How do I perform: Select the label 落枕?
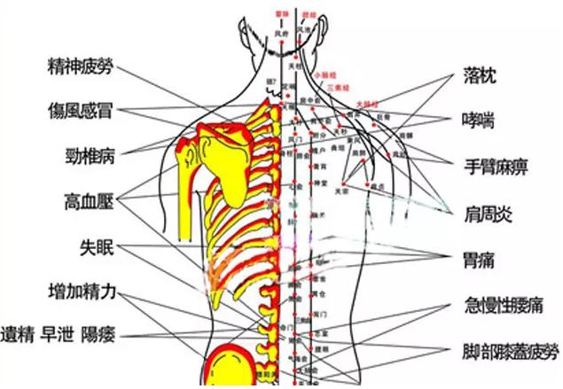481,77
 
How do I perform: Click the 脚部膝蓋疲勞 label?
509,350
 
